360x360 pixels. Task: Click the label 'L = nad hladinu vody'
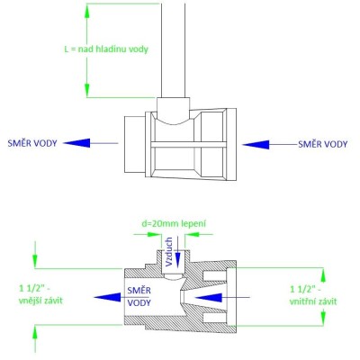[106, 49]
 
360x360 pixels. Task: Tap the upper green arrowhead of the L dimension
[87, 11]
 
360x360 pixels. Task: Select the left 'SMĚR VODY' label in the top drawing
[32, 143]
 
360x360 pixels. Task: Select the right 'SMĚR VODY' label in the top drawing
[323, 144]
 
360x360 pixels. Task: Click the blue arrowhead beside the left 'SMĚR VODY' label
[76, 143]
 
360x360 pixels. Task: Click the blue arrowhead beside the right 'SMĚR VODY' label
[256, 145]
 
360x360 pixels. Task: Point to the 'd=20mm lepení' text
[174, 224]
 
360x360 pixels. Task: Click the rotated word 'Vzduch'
[169, 252]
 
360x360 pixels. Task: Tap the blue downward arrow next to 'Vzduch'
[178, 252]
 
